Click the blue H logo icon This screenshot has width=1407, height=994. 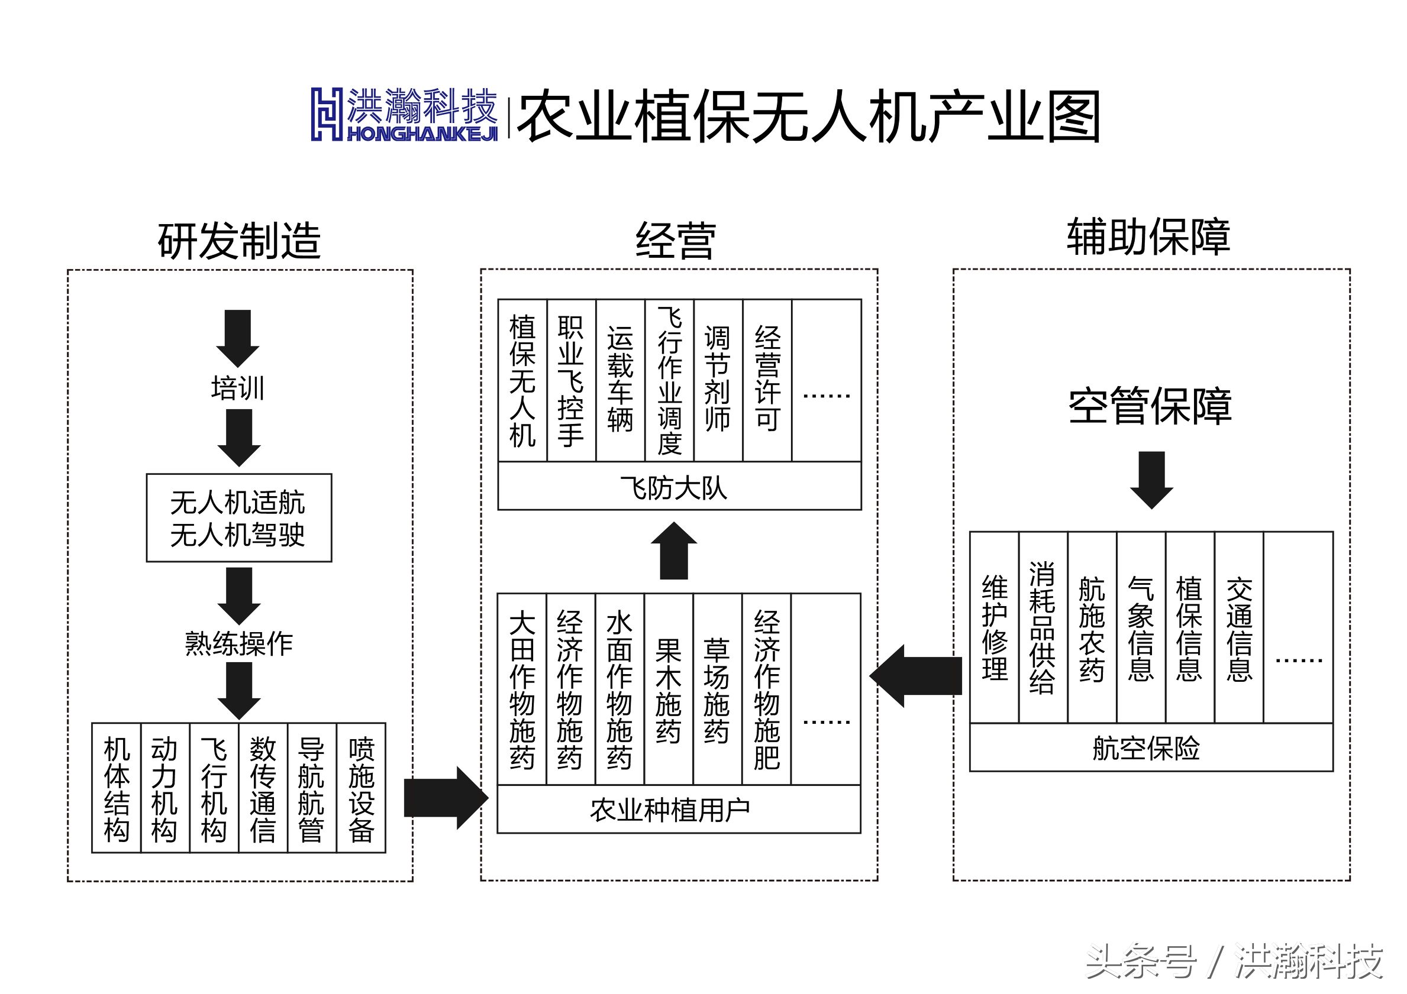[327, 114]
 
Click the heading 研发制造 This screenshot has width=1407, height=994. [239, 240]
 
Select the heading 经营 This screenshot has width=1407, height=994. [675, 240]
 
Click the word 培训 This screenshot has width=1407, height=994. [238, 388]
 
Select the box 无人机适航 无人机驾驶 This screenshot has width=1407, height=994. [239, 518]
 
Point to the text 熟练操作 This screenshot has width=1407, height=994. [239, 644]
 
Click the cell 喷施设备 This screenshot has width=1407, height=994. [361, 789]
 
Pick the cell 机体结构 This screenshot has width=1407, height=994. [117, 789]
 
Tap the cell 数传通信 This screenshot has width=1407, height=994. [263, 789]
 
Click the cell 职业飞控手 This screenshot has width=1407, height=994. [570, 381]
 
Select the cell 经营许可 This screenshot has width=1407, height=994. [767, 381]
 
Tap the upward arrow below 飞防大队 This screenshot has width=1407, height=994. [674, 551]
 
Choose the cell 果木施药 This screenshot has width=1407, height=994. [669, 689]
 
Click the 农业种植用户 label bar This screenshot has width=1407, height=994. [679, 810]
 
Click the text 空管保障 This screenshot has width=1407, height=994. [1150, 406]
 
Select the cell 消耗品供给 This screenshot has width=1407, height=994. [1043, 628]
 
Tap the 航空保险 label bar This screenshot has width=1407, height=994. [1150, 748]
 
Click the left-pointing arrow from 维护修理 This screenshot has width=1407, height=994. [916, 676]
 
